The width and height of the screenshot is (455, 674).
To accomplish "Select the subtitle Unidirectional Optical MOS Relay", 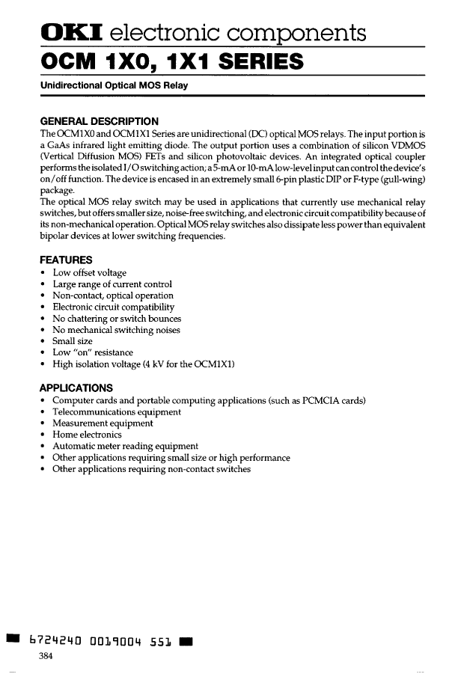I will tap(114, 85).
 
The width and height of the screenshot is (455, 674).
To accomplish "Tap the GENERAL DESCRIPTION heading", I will tap(99, 121).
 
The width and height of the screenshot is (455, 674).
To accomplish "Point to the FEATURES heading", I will tap(66, 260).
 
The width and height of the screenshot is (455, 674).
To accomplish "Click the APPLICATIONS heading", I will tap(76, 388).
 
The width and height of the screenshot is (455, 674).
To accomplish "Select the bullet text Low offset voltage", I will tap(89, 273).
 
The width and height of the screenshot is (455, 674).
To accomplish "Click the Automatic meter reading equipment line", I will tap(125, 447).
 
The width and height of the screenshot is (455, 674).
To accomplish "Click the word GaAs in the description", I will tap(58, 144).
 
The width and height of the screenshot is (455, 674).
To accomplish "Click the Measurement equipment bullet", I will tap(103, 423).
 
